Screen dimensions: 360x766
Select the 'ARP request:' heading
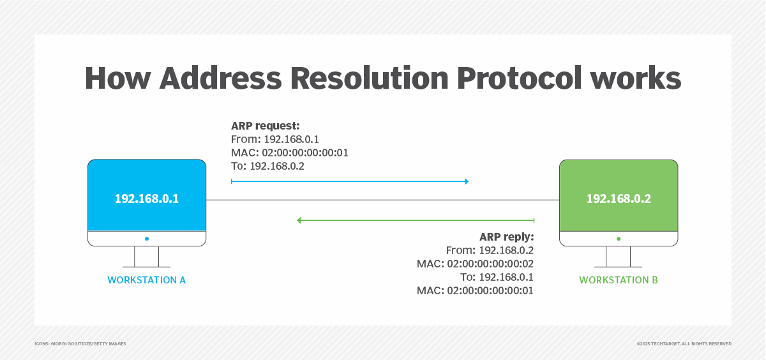[265, 126]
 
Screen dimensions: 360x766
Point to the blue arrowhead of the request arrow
[466, 182]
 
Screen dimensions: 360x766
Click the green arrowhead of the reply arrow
[299, 220]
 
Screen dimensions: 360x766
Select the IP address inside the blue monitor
[147, 199]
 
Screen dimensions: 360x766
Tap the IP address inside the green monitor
[619, 199]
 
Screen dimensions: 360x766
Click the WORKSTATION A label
[146, 280]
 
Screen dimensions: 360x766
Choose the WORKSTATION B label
[618, 280]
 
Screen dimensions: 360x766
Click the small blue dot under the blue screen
[147, 239]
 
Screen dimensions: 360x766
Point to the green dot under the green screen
[619, 239]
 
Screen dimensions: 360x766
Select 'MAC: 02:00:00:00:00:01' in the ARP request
[289, 153]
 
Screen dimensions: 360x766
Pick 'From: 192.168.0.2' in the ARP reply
[490, 250]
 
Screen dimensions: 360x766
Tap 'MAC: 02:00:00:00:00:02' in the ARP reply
[475, 264]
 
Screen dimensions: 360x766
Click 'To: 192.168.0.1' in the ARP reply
[497, 277]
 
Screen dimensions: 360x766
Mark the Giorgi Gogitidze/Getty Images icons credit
[80, 343]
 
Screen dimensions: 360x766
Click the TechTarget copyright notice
[684, 343]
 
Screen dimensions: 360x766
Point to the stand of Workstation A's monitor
[147, 257]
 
